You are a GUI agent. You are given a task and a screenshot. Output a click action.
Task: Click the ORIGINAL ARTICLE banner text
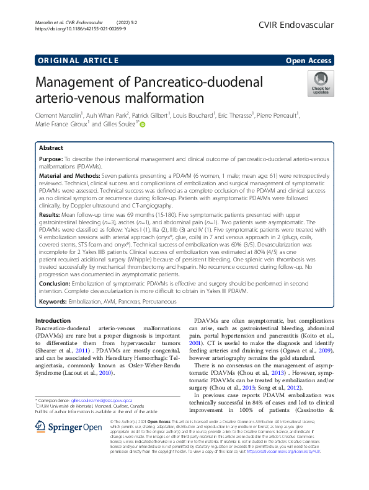78,60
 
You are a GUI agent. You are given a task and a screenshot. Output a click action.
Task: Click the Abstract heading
51,149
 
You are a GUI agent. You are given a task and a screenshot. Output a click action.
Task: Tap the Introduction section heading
56,320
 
